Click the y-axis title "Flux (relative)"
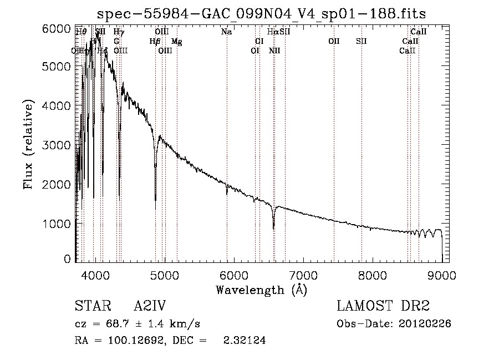click(x=29, y=144)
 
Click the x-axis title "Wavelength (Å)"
click(x=261, y=290)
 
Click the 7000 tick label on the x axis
click(x=303, y=275)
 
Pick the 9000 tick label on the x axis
click(x=442, y=275)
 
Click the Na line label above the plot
click(x=226, y=32)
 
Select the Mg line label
click(x=176, y=42)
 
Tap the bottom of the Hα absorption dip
click(x=273, y=228)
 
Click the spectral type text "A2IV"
click(x=150, y=307)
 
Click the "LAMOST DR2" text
click(x=383, y=307)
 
